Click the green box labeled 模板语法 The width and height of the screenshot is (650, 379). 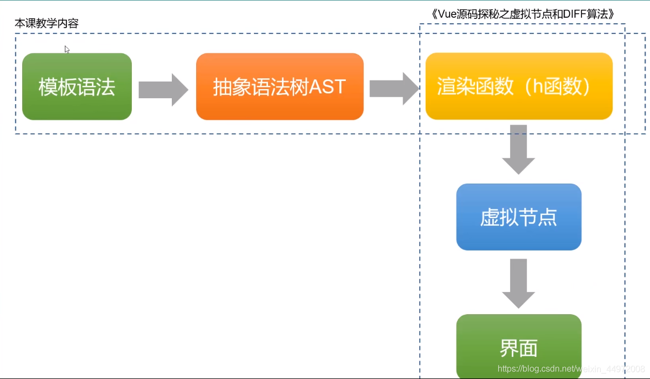pos(77,86)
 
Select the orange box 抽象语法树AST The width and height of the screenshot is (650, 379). pos(279,86)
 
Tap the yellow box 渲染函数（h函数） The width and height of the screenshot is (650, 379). pos(519,86)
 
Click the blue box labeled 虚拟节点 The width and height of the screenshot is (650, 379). pos(519,217)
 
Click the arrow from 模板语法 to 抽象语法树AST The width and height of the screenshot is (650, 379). pos(163,90)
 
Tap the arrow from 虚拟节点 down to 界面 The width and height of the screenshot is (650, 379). pos(519,283)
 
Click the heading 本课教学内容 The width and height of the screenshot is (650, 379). pos(46,24)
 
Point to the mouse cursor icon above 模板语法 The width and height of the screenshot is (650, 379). pos(67,50)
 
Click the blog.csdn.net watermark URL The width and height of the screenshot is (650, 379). pos(571,369)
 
